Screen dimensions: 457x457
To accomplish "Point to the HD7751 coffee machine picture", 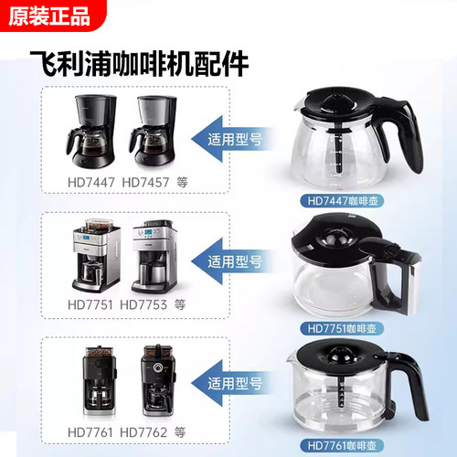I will [94, 257].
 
